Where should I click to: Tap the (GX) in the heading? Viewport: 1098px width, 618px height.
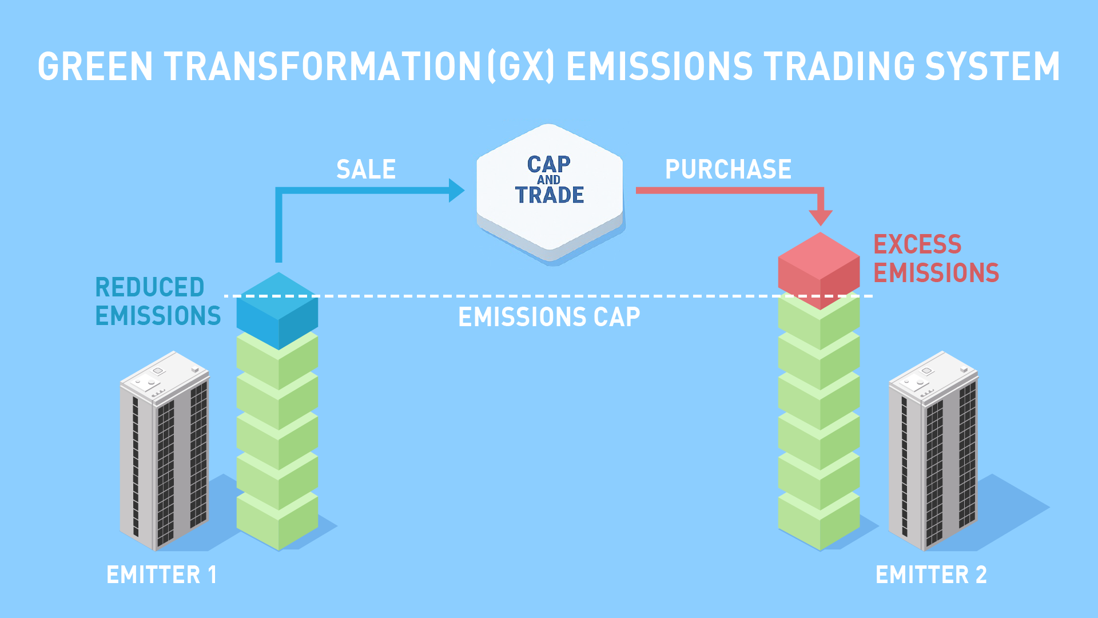click(x=520, y=66)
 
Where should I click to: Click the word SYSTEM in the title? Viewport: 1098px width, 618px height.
click(x=992, y=66)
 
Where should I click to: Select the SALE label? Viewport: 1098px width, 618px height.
click(x=366, y=169)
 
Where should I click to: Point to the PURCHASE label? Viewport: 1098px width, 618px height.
click(x=728, y=169)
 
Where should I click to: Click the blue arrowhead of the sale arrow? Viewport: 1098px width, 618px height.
click(x=456, y=191)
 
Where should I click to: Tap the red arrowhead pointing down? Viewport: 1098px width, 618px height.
click(x=820, y=217)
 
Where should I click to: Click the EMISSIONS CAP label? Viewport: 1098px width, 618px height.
click(x=549, y=317)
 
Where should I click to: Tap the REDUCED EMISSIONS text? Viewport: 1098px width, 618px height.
click(x=157, y=302)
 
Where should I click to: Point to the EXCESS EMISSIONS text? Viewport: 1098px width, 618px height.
click(x=936, y=259)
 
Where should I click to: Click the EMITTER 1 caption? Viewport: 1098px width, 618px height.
click(x=162, y=575)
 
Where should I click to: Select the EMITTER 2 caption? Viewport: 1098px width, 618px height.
click(x=931, y=575)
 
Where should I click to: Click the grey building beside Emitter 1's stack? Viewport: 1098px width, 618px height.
click(x=164, y=452)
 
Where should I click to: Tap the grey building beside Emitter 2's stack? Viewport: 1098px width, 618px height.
click(x=933, y=452)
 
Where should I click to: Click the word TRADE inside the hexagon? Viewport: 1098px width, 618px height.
click(x=550, y=195)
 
